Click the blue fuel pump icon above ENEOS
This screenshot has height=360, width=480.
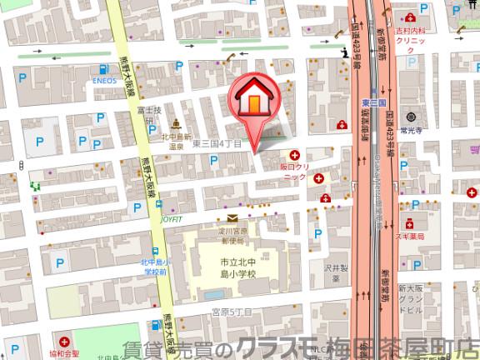[105, 69]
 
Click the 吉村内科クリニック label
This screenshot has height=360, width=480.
[412, 36]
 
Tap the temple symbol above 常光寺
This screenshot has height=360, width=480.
[411, 117]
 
